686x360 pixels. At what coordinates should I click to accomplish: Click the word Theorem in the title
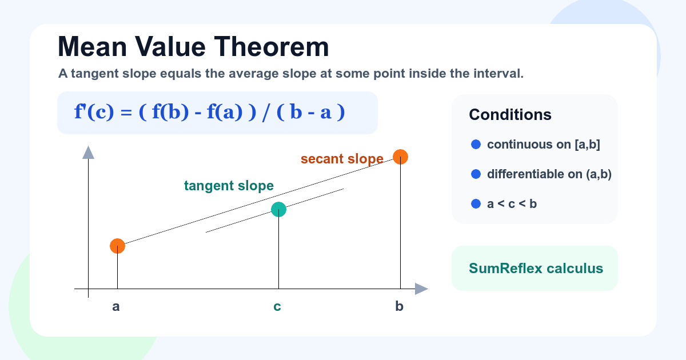click(x=272, y=47)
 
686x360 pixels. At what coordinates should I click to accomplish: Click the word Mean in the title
click(x=92, y=47)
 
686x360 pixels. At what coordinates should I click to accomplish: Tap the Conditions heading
click(x=510, y=115)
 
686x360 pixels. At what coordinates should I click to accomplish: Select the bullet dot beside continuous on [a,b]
click(x=476, y=145)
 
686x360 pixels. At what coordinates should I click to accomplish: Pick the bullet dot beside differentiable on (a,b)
click(x=476, y=174)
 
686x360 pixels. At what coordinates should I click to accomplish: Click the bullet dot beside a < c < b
click(x=476, y=204)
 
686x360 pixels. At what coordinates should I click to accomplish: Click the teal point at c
click(x=279, y=210)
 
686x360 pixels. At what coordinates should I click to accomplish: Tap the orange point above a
click(x=118, y=246)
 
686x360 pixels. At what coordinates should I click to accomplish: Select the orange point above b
click(x=400, y=157)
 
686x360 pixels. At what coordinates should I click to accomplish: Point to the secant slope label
click(x=342, y=159)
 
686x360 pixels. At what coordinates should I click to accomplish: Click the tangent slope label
click(x=229, y=186)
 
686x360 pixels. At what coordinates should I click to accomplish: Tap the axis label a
click(x=115, y=307)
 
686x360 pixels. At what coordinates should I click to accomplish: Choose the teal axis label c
click(x=277, y=307)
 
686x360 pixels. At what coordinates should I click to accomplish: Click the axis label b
click(x=400, y=306)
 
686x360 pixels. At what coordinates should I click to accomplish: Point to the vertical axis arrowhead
click(x=88, y=153)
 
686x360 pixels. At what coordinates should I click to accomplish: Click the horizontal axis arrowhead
click(x=422, y=289)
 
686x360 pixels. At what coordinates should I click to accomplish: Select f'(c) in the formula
click(x=94, y=112)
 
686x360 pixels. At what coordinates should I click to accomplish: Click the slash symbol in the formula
click(x=266, y=113)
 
